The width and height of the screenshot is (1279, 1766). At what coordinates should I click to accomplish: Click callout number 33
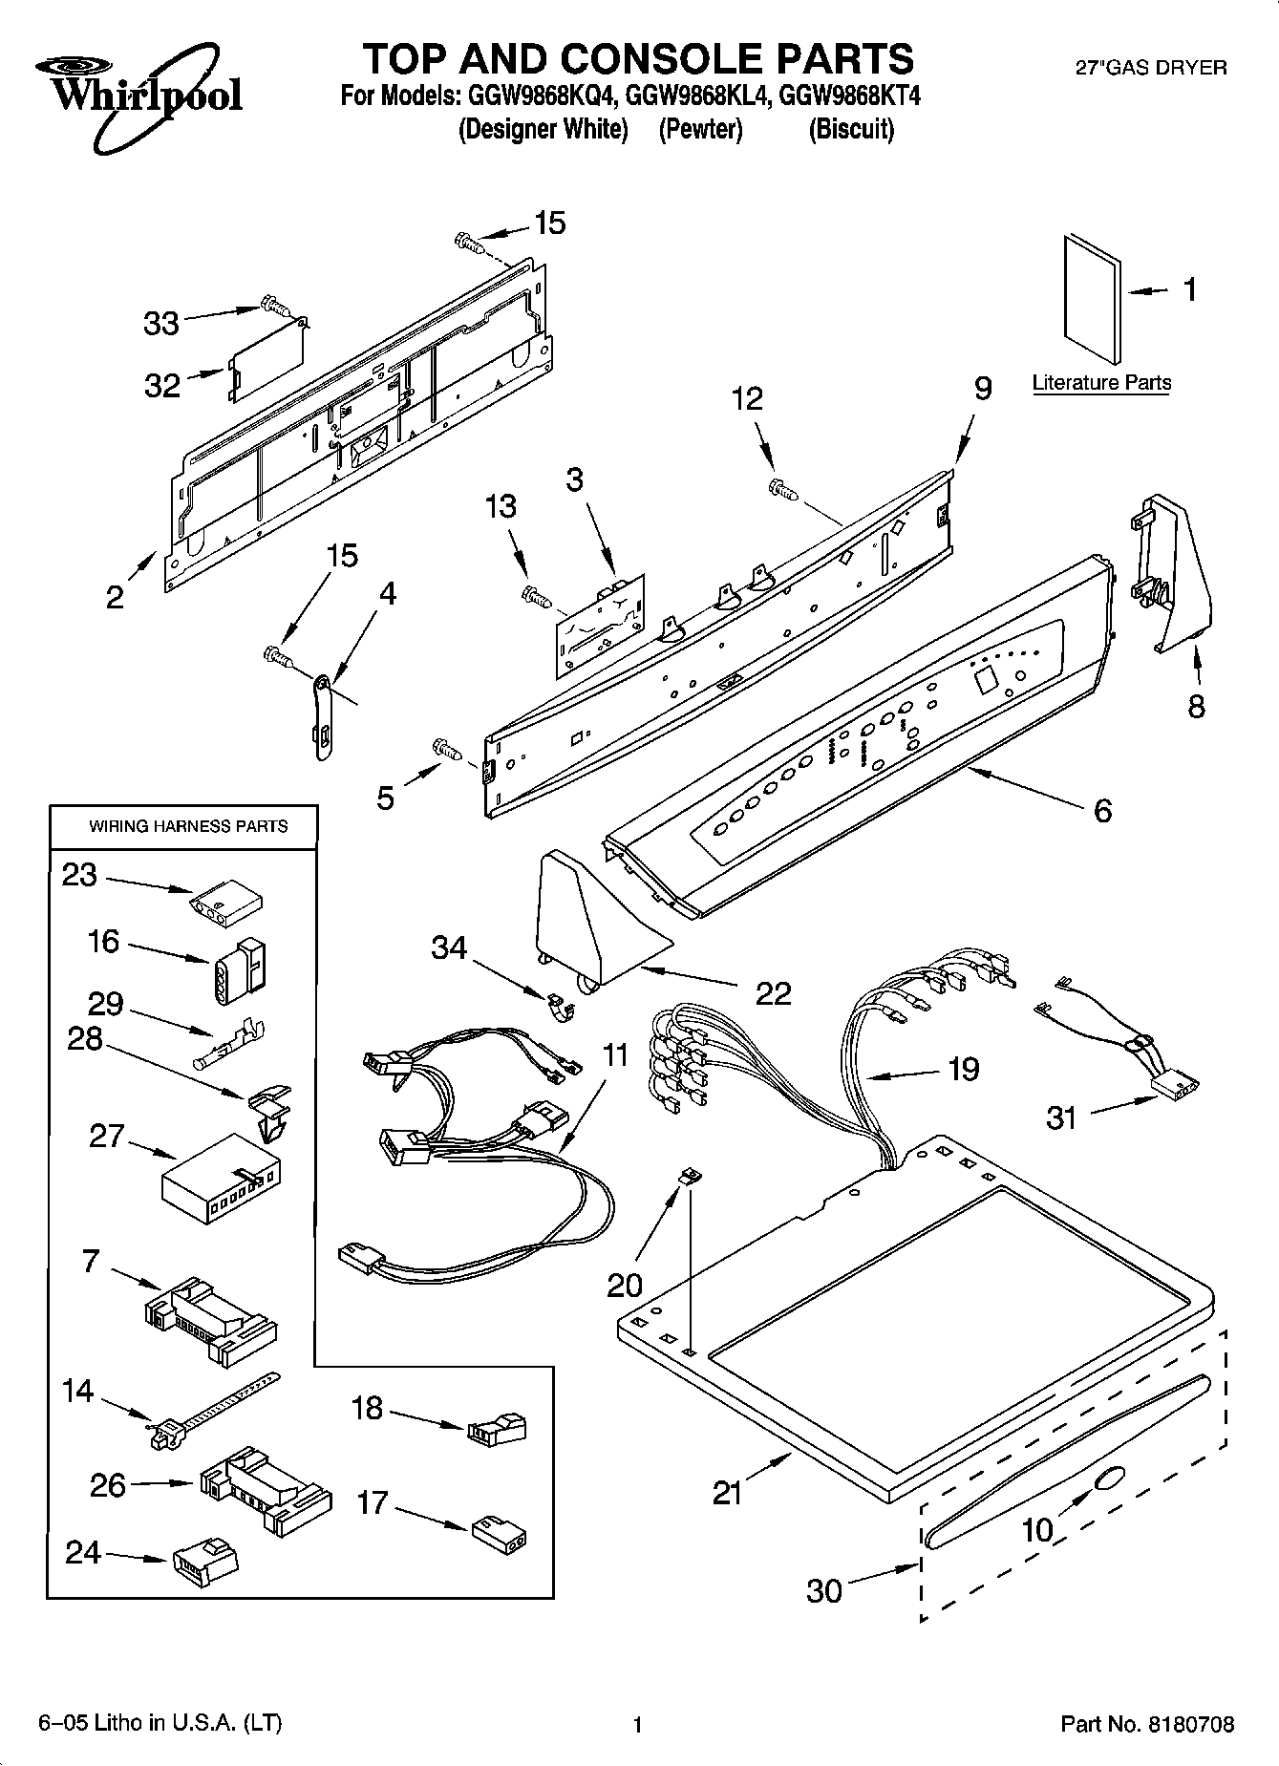pyautogui.click(x=161, y=324)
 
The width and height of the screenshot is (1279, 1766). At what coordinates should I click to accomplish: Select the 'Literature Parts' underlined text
pyautogui.click(x=1101, y=383)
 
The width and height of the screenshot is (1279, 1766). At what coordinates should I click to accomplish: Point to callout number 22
pyautogui.click(x=773, y=993)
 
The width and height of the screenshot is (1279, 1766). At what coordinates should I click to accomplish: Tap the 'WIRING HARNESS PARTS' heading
pyautogui.click(x=188, y=826)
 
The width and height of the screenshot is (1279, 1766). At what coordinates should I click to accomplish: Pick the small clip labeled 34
pyautogui.click(x=558, y=1006)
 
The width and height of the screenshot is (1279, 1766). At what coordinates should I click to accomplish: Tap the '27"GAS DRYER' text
pyautogui.click(x=1151, y=68)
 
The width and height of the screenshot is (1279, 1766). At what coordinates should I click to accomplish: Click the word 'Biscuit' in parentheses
pyautogui.click(x=851, y=129)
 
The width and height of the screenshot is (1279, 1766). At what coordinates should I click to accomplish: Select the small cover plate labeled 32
pyautogui.click(x=267, y=360)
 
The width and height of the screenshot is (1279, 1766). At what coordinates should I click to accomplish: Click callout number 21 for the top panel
pyautogui.click(x=727, y=1492)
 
